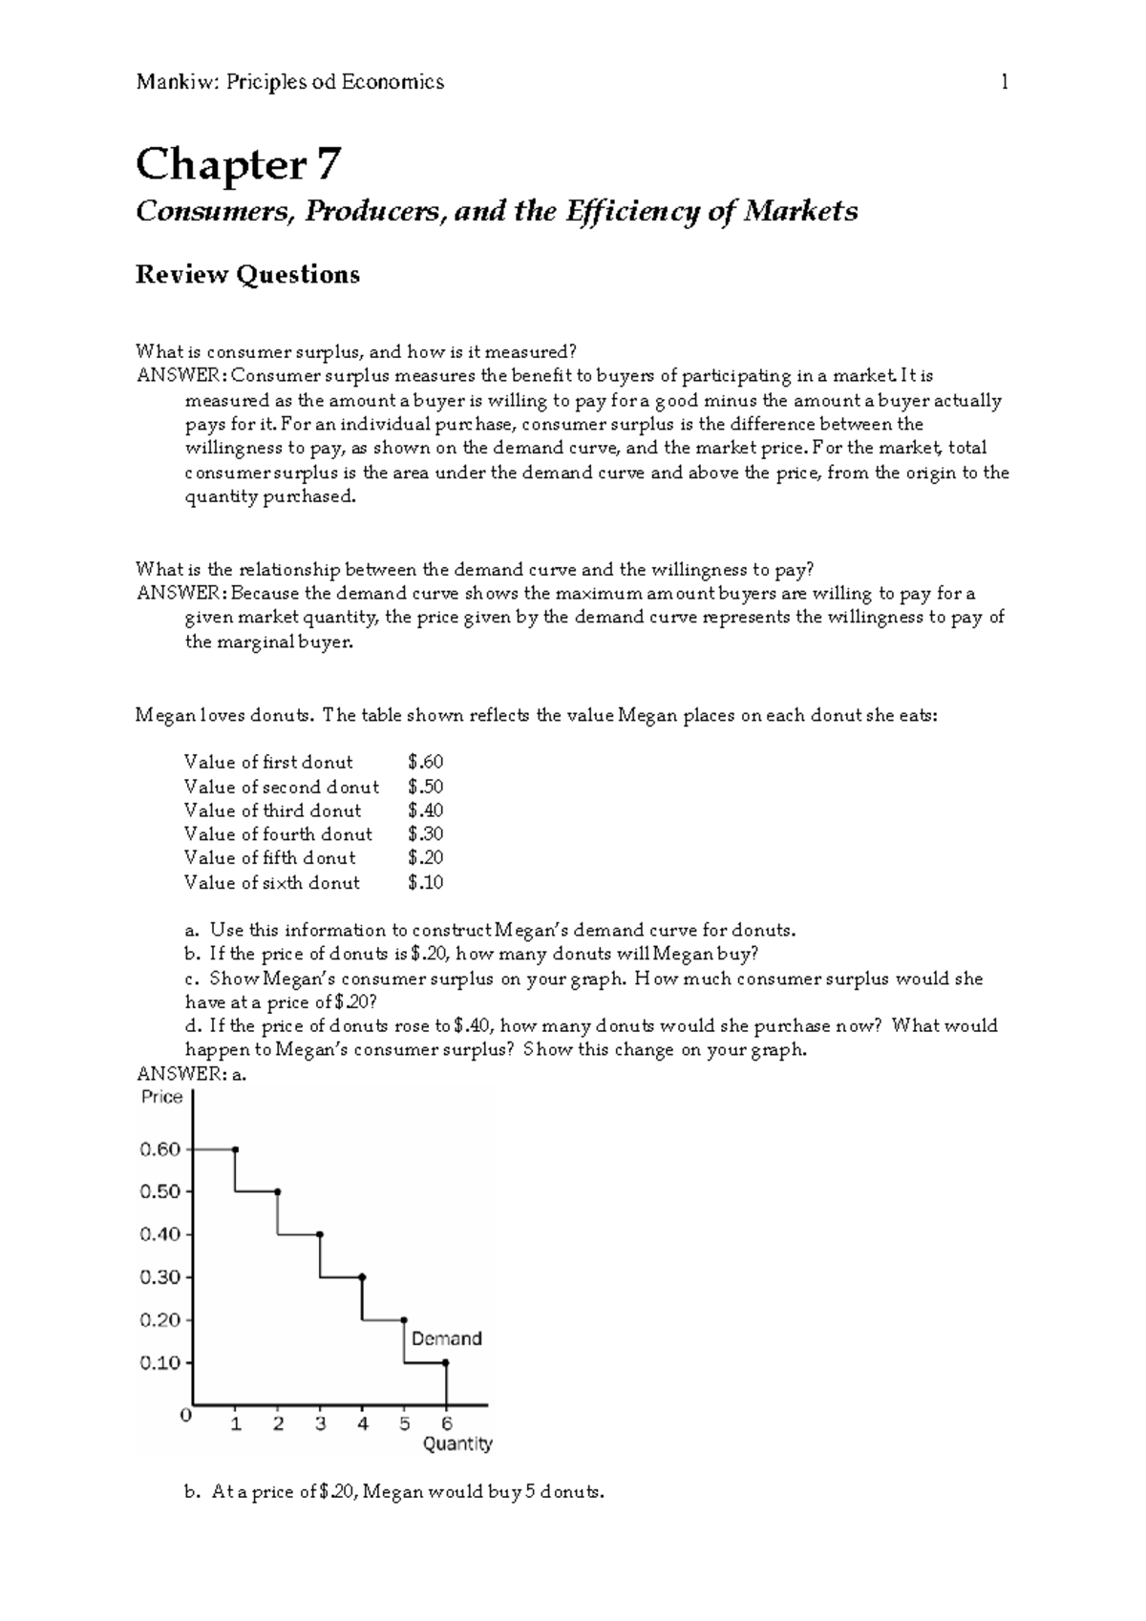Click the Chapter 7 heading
(237, 164)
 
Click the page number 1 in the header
(1004, 82)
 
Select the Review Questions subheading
(247, 275)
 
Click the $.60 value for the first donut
(425, 762)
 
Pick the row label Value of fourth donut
(278, 833)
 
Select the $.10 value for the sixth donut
(425, 882)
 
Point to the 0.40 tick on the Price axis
(160, 1234)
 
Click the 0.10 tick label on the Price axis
(160, 1363)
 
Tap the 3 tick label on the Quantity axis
(320, 1424)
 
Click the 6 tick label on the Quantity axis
(446, 1424)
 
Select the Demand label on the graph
(446, 1338)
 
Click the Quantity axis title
(457, 1444)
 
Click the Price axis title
(161, 1098)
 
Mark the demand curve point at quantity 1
(236, 1149)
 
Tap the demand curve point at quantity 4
(362, 1277)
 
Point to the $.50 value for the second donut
(425, 787)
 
